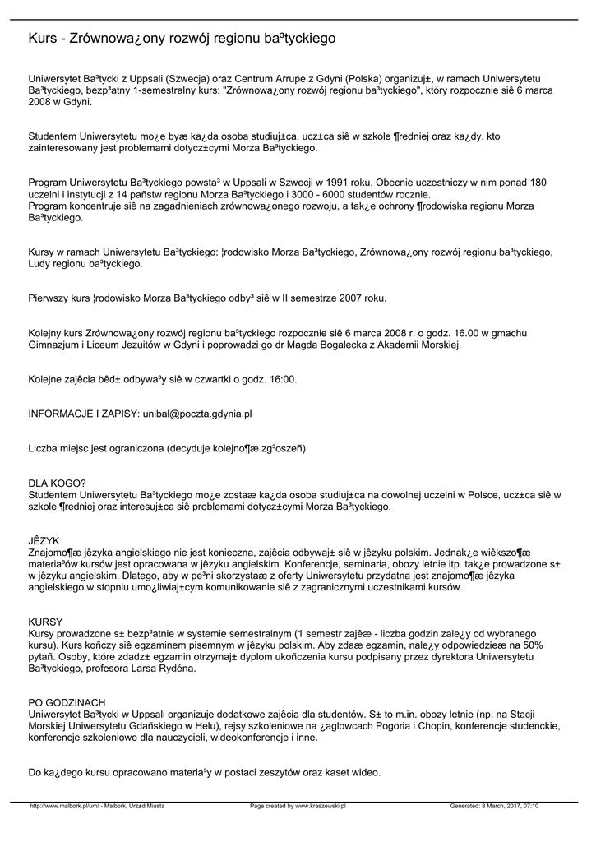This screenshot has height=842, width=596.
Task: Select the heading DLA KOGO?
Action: click(x=58, y=483)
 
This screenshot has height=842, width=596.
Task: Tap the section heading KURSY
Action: click(x=46, y=622)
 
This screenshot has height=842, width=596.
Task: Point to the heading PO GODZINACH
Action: click(x=67, y=702)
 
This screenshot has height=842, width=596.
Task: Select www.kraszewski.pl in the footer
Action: click(x=321, y=806)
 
